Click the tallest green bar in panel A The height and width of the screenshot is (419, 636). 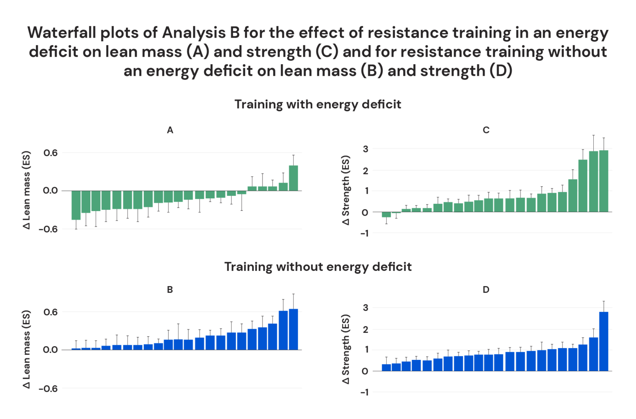click(293, 178)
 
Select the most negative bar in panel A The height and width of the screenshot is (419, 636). click(76, 205)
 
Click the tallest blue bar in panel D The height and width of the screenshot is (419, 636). click(603, 341)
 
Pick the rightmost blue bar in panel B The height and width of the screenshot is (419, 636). click(293, 329)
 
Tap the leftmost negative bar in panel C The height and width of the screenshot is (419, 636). click(386, 214)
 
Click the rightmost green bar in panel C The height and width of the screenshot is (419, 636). click(603, 181)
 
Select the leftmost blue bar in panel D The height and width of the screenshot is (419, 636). click(386, 367)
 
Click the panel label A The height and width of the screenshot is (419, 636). click(170, 130)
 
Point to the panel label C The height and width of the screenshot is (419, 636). click(486, 130)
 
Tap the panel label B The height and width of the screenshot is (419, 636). click(170, 289)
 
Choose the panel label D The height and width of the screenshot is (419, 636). click(486, 289)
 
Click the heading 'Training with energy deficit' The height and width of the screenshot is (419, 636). click(318, 104)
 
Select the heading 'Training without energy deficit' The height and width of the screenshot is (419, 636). click(318, 266)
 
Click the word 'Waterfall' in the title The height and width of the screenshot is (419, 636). click(61, 33)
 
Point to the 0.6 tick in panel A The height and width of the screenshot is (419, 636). click(51, 153)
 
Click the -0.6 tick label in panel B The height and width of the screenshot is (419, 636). click(48, 388)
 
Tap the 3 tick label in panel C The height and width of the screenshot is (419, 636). click(365, 149)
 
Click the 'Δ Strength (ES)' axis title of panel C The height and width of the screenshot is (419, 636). click(346, 190)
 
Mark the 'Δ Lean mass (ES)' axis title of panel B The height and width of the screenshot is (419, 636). click(26, 349)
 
